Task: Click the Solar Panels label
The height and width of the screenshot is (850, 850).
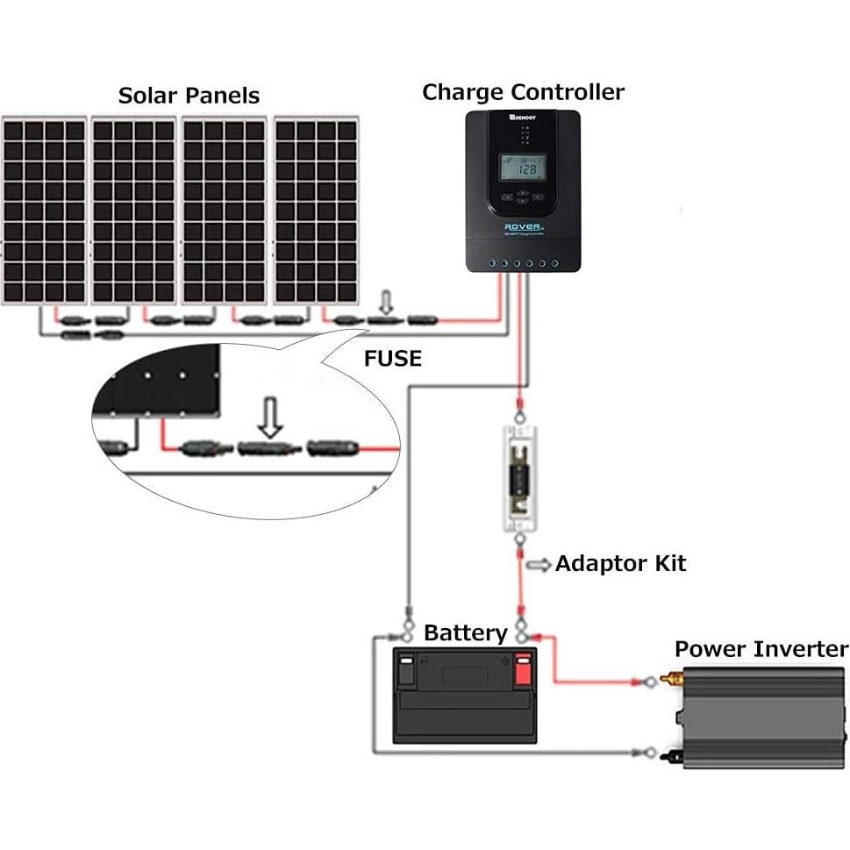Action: click(189, 95)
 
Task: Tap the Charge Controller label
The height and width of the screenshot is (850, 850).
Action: click(523, 92)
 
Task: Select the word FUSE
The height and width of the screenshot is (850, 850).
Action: click(392, 358)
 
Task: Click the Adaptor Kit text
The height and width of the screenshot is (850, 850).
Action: click(619, 563)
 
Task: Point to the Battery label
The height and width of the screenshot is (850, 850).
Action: click(465, 633)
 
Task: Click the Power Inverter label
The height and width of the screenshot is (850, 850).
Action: click(761, 649)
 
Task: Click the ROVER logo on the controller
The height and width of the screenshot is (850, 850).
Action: click(524, 227)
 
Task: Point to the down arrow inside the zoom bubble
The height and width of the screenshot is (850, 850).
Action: click(272, 419)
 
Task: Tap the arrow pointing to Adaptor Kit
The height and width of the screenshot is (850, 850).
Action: click(537, 563)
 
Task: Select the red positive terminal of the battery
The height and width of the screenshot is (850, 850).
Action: click(524, 668)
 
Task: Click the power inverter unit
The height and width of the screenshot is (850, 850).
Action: click(763, 717)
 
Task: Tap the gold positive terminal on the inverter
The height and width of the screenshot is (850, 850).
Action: click(675, 679)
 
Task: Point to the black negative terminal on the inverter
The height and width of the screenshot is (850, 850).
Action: click(675, 754)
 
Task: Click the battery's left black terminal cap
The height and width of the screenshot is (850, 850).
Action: click(406, 668)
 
